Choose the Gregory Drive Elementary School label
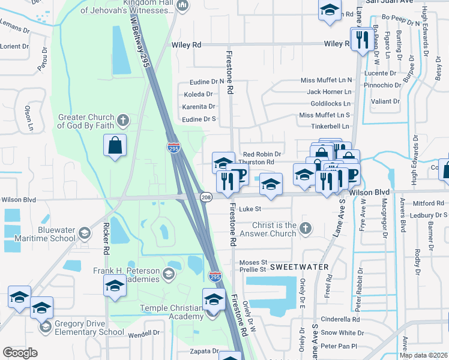coord(89,328)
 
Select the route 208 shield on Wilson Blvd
coord(205,197)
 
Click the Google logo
coord(20,353)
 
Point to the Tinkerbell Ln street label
coord(330,127)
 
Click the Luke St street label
coord(250,209)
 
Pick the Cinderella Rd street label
coord(340,319)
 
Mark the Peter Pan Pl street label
coord(339,346)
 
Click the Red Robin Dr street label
coord(261,154)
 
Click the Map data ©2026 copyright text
coord(423,355)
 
